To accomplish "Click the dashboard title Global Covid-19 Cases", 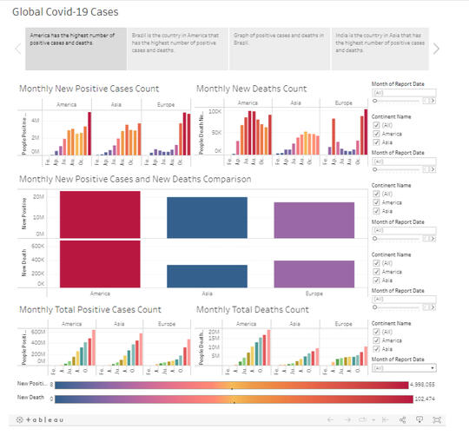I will tap(65, 12).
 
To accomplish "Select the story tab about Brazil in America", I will tap(177, 48).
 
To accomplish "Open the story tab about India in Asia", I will tap(380, 48).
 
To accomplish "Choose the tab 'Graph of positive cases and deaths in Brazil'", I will tap(278, 48).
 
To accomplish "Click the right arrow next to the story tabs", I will tap(436, 49).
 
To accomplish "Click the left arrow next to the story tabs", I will tap(17, 49).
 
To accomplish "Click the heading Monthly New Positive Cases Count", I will tap(101, 89).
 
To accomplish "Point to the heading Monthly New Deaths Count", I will tap(251, 89).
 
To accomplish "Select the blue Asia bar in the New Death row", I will tap(207, 276).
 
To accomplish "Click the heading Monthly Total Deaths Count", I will tap(252, 309).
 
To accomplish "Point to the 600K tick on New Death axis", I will tap(39, 246).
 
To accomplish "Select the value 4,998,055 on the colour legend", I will tap(430, 384).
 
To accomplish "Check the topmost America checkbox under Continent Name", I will tap(375, 133).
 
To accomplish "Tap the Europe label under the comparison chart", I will tap(314, 294).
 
